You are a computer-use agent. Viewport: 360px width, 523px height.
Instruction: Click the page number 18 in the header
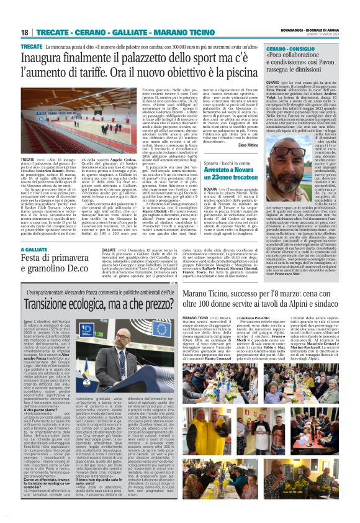[x=25, y=32]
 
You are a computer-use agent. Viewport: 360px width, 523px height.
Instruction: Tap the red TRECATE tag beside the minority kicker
[x=32, y=47]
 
